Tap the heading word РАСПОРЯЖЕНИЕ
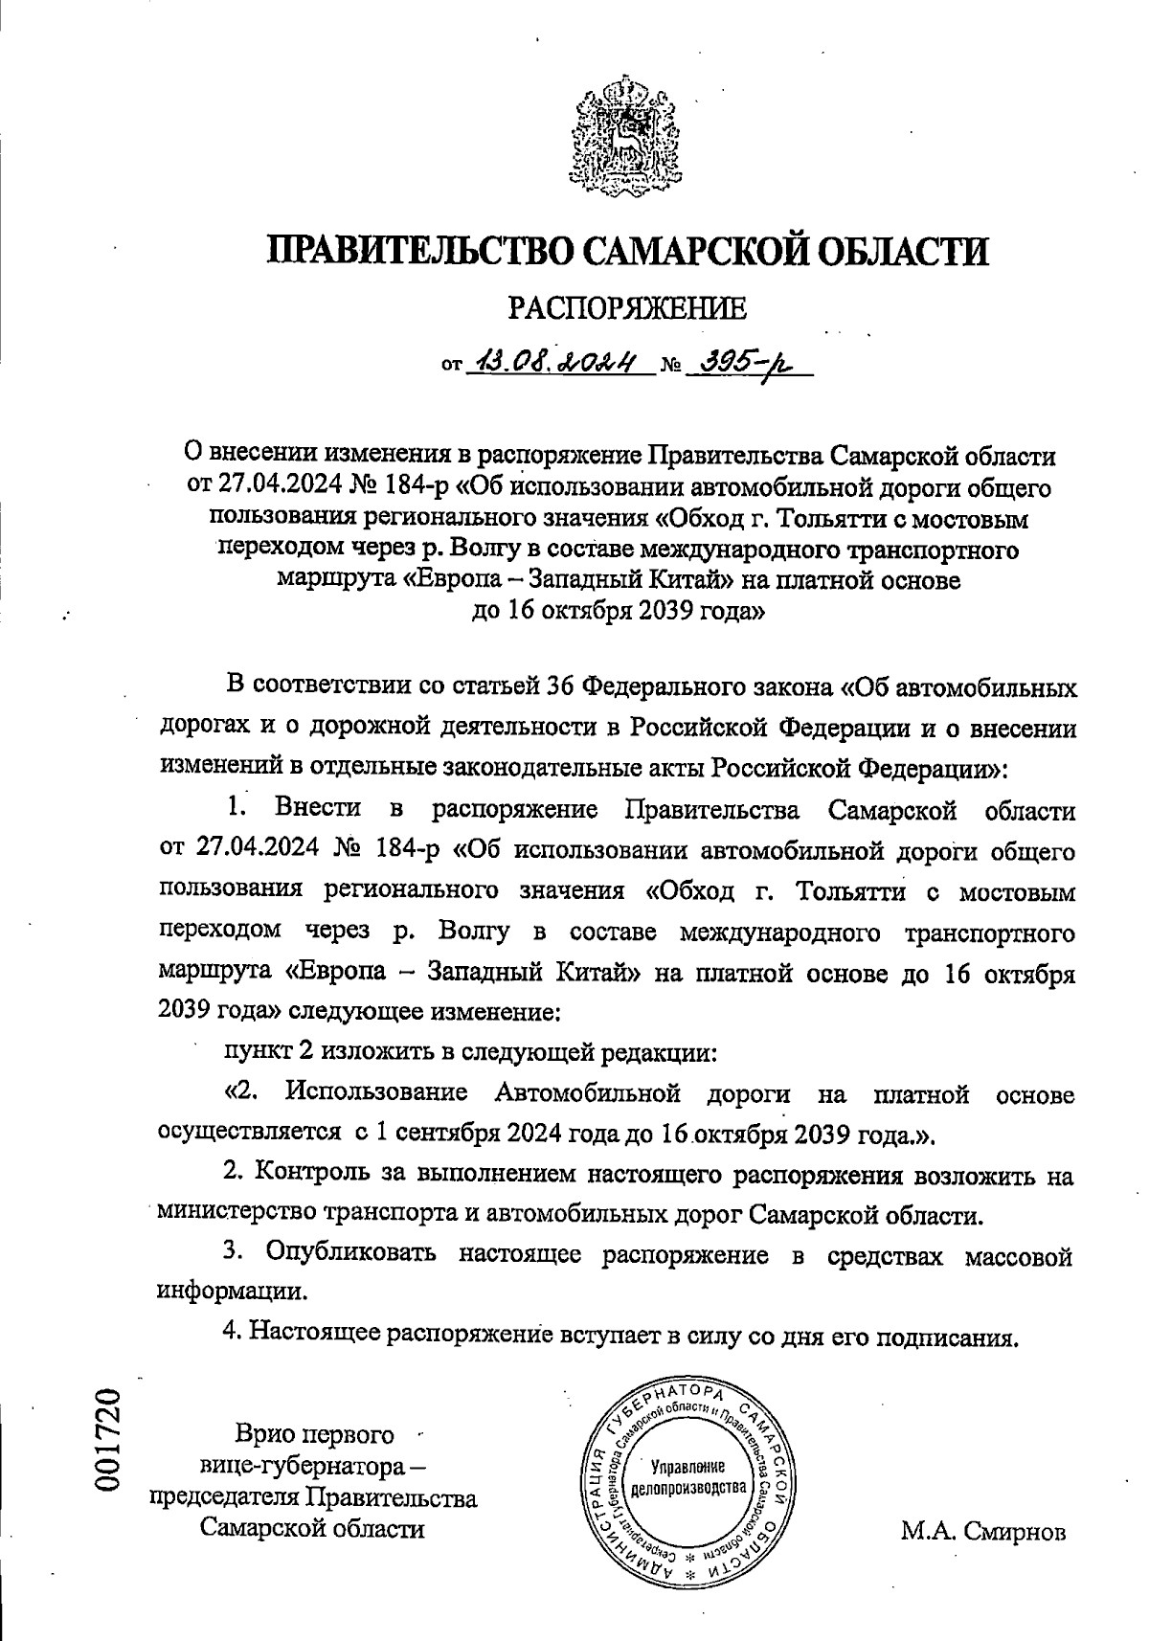coord(625,307)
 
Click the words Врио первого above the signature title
coord(315,1435)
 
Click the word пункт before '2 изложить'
coord(257,1053)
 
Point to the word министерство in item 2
coord(238,1214)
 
